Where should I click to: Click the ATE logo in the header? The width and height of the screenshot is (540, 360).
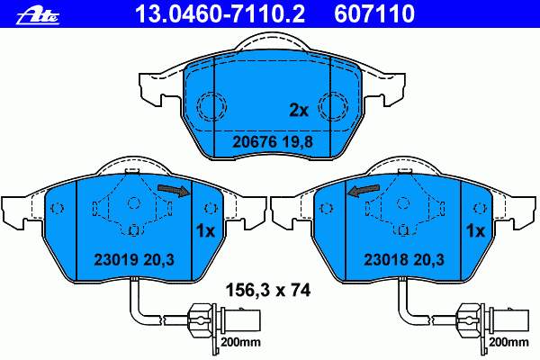pyautogui.click(x=38, y=15)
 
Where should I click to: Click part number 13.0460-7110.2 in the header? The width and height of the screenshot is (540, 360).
pyautogui.click(x=220, y=13)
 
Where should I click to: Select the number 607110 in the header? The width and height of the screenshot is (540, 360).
pyautogui.click(x=374, y=13)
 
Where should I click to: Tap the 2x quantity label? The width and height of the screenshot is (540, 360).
pyautogui.click(x=299, y=111)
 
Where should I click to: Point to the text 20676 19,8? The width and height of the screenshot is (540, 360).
pyautogui.click(x=273, y=141)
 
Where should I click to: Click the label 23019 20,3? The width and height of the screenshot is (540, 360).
pyautogui.click(x=134, y=260)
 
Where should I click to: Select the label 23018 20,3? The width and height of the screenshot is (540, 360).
pyautogui.click(x=404, y=260)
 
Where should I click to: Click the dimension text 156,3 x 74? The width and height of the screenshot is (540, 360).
pyautogui.click(x=268, y=291)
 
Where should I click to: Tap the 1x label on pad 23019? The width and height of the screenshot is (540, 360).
pyautogui.click(x=205, y=230)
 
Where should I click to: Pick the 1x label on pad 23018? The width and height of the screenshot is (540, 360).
pyautogui.click(x=475, y=230)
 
